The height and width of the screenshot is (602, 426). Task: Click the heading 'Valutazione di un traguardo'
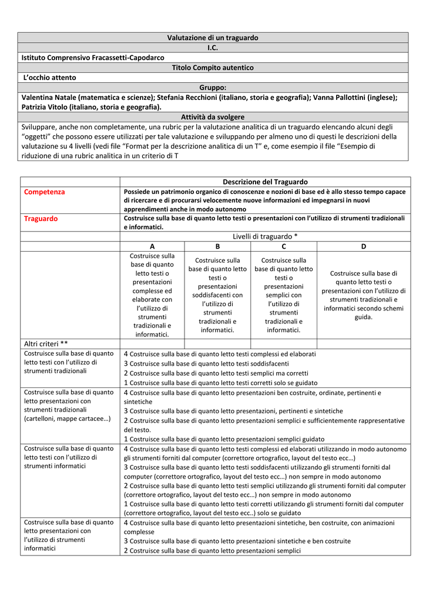[x=213, y=38]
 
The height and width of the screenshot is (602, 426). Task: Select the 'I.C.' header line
[x=213, y=48]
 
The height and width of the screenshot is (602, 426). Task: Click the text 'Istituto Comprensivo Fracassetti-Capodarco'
[x=93, y=58]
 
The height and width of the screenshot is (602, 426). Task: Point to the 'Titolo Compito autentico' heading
[x=213, y=68]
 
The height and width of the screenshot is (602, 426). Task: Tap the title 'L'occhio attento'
[x=50, y=78]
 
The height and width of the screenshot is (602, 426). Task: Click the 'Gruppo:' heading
[x=213, y=88]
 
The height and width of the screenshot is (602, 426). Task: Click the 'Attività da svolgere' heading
[x=213, y=117]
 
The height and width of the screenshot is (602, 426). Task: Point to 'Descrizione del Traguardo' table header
[x=265, y=182]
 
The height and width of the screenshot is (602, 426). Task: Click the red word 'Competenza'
[x=45, y=192]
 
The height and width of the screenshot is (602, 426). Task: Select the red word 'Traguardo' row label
[x=41, y=219]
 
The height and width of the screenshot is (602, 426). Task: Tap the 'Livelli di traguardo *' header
[x=265, y=236]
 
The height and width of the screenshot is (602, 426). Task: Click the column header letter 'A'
[x=152, y=246]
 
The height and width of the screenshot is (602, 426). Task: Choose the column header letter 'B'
[x=217, y=246]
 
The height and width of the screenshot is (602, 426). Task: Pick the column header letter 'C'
[x=284, y=246]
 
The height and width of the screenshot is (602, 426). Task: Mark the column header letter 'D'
[x=364, y=246]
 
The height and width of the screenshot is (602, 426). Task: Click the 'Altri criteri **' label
[x=46, y=344]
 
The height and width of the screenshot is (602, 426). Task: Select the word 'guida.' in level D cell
[x=363, y=317]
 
